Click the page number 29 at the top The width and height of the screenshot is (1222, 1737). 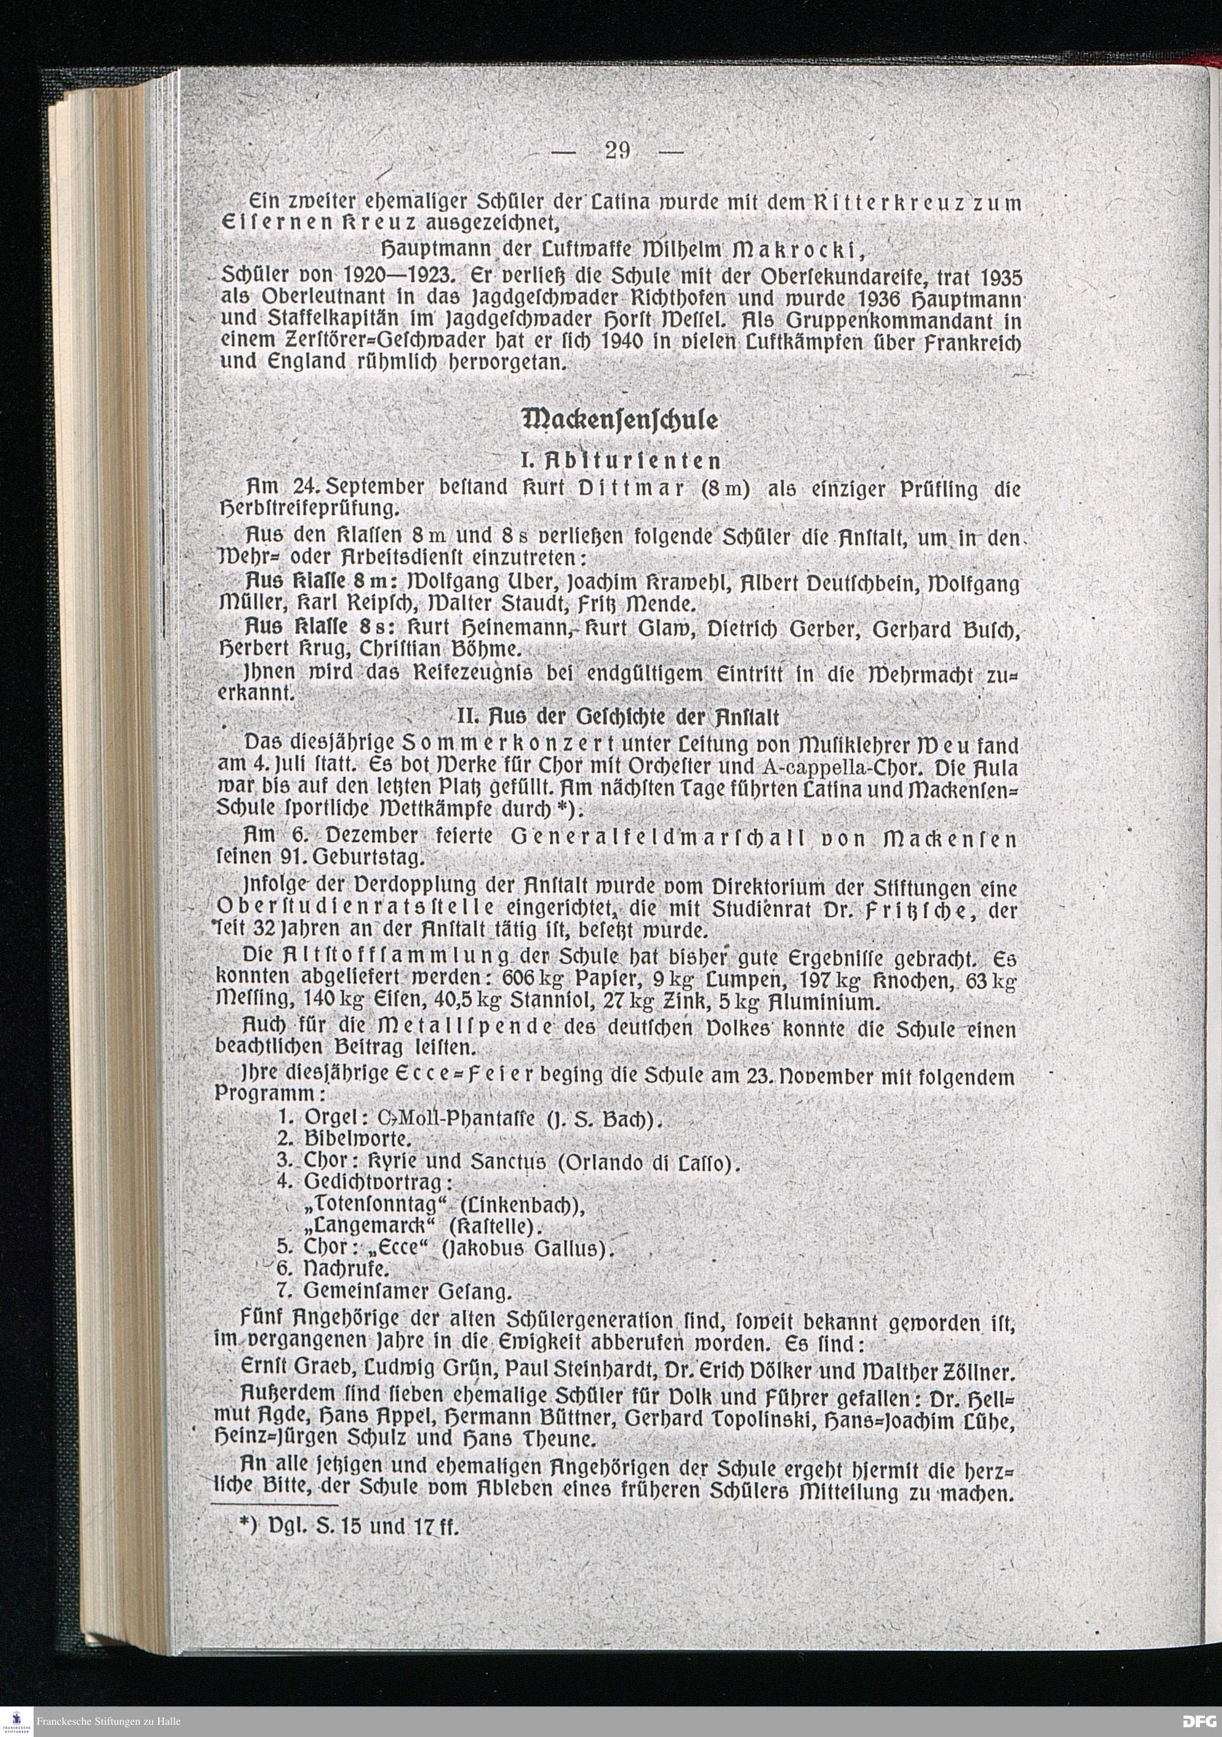click(x=618, y=151)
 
